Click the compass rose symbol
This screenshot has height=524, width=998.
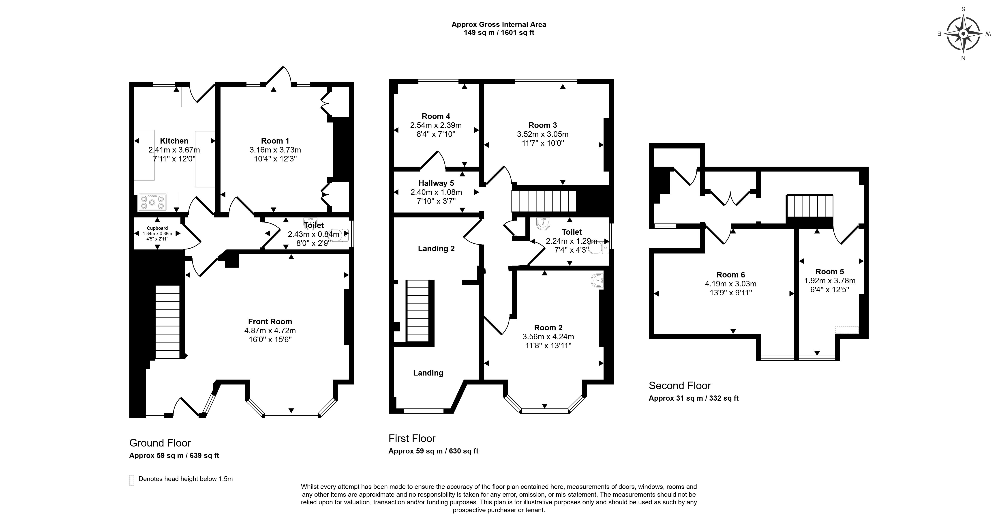963,34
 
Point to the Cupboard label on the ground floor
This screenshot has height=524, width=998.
157,228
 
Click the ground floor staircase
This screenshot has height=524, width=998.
168,322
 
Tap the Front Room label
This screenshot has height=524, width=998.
270,321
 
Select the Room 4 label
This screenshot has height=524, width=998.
436,116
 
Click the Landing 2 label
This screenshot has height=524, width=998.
436,248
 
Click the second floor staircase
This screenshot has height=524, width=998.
809,206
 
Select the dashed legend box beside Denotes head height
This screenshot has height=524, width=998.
132,480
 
